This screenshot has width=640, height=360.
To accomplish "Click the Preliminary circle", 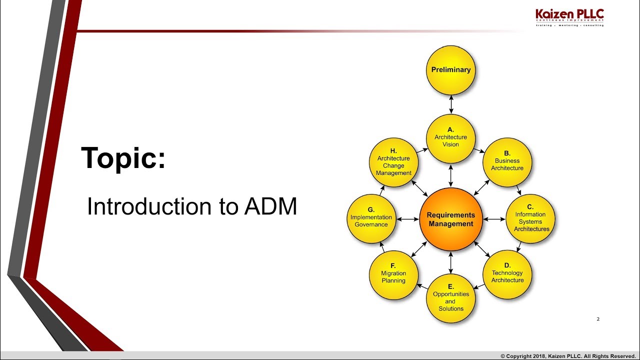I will coord(451,70).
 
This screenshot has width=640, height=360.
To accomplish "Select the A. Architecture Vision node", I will coord(451,138).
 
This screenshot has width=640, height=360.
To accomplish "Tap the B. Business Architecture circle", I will coord(507,162).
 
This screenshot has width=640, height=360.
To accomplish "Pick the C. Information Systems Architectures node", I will coord(531,219).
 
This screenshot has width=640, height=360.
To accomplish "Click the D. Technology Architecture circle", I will coord(507,274).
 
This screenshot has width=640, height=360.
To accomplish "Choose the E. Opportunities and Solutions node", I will coord(451,298).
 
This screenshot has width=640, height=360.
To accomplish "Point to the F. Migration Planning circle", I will coord(393,275).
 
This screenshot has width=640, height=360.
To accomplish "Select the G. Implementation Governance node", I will coord(371,219).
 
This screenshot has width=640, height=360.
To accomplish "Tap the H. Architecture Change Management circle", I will coord(393,162).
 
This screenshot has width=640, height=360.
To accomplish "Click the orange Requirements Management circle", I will coord(451,219).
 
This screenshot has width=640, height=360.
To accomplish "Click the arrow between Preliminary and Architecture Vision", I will coord(451,104).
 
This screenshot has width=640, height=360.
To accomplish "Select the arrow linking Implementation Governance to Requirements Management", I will coord(407,219).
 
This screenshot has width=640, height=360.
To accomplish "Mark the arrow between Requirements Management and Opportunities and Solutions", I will coord(451,262).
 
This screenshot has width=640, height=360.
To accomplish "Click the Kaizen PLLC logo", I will coord(569,17).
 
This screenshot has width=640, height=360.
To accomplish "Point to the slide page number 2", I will coord(598,319).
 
